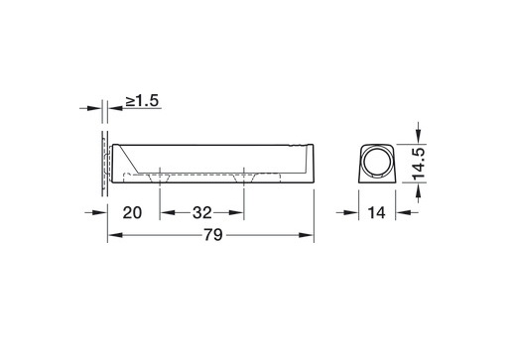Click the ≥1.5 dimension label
tap(142, 100)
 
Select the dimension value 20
tap(132, 212)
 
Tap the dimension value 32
tap(201, 212)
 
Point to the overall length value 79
tap(213, 235)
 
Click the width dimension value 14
tap(376, 212)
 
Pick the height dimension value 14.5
tap(419, 164)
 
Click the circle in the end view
tap(376, 162)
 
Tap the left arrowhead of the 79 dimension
tap(115, 235)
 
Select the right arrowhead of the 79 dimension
tap(306, 235)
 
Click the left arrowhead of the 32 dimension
tap(168, 212)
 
